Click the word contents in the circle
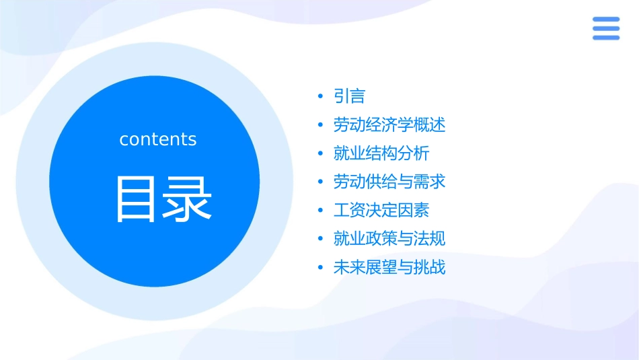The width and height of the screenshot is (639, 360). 158,139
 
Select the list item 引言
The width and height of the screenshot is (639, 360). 349,96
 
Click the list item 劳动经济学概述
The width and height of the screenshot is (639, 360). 389,125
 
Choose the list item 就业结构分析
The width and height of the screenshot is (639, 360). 381,153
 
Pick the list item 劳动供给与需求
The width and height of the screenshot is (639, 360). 389,182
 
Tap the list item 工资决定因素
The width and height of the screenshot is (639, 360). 381,210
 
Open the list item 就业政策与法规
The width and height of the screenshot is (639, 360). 389,239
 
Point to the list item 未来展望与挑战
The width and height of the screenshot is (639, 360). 389,268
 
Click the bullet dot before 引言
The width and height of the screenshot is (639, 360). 321,97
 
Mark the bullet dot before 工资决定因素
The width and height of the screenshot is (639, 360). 321,211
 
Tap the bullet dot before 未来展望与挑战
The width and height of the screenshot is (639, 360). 321,268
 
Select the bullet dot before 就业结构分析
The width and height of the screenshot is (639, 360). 321,154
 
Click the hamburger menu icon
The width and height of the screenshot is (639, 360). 605,28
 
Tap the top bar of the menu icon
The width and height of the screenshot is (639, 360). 605,20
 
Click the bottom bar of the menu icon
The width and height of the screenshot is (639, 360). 605,38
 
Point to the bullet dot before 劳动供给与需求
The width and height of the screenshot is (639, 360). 321,182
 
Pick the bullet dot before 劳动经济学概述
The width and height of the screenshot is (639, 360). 321,126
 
